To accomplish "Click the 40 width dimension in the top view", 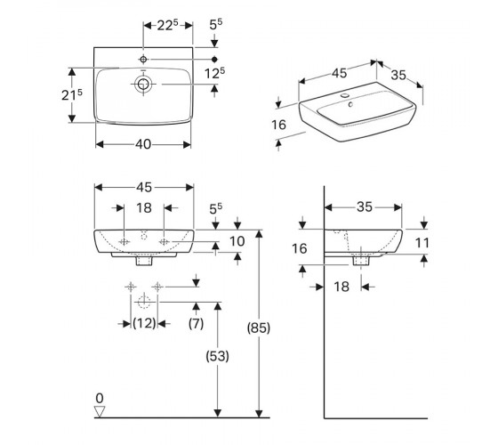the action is pos(143,144).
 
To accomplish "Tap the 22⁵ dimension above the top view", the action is pos(168,26).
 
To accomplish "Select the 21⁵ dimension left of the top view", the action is pos(72,94).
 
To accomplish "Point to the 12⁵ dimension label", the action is pos(214,73).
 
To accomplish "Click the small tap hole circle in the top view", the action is pos(143,59).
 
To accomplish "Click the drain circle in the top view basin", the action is pos(143,84).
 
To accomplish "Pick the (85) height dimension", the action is pos(259,328).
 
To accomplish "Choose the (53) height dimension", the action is pos(218,356).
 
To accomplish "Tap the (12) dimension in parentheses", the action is pos(144,324).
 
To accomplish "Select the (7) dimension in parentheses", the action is pos(196,324).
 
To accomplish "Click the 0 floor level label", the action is pos(100,398).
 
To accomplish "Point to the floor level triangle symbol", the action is pos(100,412).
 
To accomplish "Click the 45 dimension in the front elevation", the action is pos(144,187).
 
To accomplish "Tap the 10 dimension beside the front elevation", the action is pos(237,241).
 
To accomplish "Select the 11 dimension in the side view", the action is pos(422,243).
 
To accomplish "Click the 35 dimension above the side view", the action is pos(365,207).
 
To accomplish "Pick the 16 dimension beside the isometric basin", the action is pos(279,125).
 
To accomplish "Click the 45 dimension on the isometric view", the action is pos(339,73).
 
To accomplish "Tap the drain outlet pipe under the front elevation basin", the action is pos(144,261).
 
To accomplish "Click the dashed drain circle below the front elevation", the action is pos(144,302).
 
